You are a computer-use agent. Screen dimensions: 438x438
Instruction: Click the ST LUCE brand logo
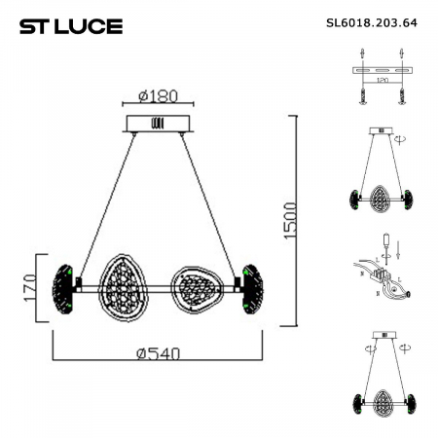71,25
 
